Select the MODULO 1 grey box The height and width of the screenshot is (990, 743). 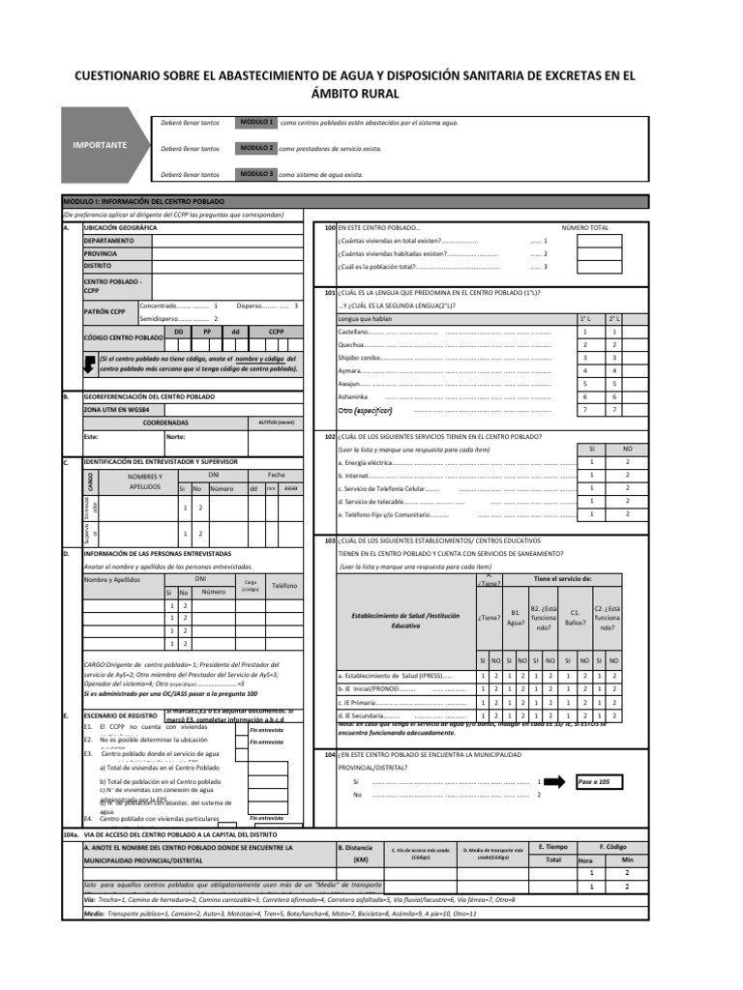click(x=256, y=124)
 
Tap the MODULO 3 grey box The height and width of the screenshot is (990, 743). click(x=256, y=174)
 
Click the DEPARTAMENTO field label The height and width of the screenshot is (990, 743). click(x=115, y=239)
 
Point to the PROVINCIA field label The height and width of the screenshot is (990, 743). click(x=103, y=251)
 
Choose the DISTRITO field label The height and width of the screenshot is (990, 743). click(x=98, y=264)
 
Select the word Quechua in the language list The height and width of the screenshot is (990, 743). click(x=350, y=344)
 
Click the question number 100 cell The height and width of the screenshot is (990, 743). click(x=329, y=227)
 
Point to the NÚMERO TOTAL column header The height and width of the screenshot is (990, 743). click(x=585, y=227)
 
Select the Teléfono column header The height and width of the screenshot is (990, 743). click(x=284, y=586)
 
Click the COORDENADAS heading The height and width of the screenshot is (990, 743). click(x=165, y=422)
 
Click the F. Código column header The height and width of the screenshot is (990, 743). click(x=615, y=845)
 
